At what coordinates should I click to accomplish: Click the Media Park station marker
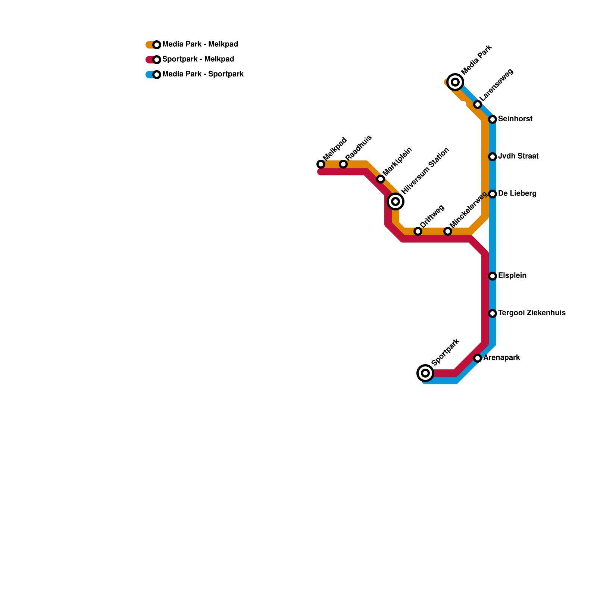(455, 82)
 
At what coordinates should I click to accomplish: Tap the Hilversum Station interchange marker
(396, 201)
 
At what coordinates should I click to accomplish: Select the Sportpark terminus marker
(425, 373)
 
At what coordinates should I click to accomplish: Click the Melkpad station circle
(321, 164)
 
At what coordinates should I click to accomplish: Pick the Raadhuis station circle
(343, 164)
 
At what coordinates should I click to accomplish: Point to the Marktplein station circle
(380, 179)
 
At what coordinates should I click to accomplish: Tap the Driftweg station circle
(418, 231)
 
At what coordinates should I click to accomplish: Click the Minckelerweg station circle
(448, 231)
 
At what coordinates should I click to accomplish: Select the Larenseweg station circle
(478, 104)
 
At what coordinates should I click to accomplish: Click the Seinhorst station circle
(493, 119)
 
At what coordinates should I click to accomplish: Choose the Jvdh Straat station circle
(493, 157)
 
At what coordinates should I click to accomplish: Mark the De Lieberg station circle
(493, 194)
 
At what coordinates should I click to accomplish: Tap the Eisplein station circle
(493, 276)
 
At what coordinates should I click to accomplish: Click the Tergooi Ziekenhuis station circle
(493, 313)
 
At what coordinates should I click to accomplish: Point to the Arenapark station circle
(478, 358)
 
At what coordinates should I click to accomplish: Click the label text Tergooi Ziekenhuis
(532, 313)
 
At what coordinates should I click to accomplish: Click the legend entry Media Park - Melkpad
(200, 44)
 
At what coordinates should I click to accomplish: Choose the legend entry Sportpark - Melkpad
(198, 59)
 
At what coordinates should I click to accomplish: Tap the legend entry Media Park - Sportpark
(203, 74)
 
